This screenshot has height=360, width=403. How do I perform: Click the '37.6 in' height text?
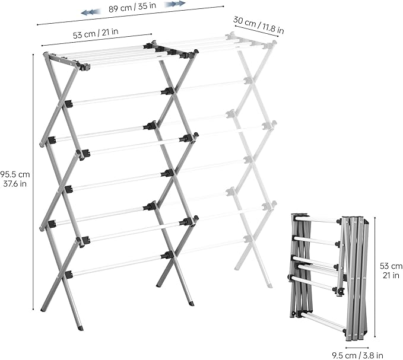tap(15, 184)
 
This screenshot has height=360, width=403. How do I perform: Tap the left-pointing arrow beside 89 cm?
tap(90, 11)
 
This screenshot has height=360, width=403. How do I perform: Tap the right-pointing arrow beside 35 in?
tap(175, 4)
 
